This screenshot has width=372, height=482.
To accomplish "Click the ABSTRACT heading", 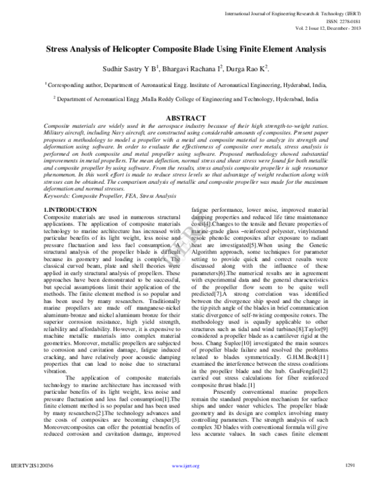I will click(x=187, y=118).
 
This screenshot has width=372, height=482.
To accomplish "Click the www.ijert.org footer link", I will click(x=186, y=465).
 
